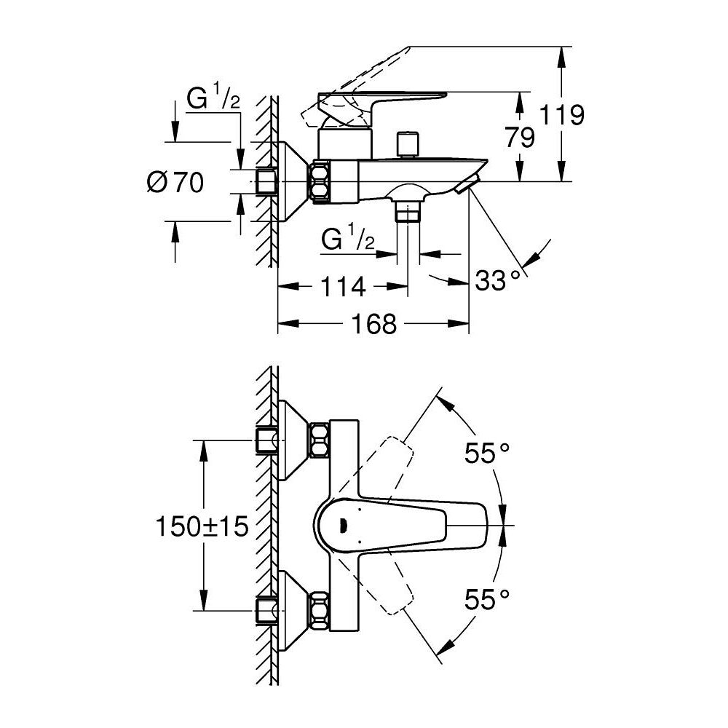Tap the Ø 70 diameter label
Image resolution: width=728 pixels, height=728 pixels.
175,183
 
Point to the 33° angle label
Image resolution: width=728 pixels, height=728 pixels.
498,279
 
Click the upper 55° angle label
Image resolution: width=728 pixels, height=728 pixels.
487,454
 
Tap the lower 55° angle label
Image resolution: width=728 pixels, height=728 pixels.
487,599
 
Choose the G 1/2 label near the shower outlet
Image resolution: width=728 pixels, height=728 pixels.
348,239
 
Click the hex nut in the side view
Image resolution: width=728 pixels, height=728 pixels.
320,181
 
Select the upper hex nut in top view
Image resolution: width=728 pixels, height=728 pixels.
318,440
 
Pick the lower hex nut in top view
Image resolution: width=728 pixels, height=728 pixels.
318,610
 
